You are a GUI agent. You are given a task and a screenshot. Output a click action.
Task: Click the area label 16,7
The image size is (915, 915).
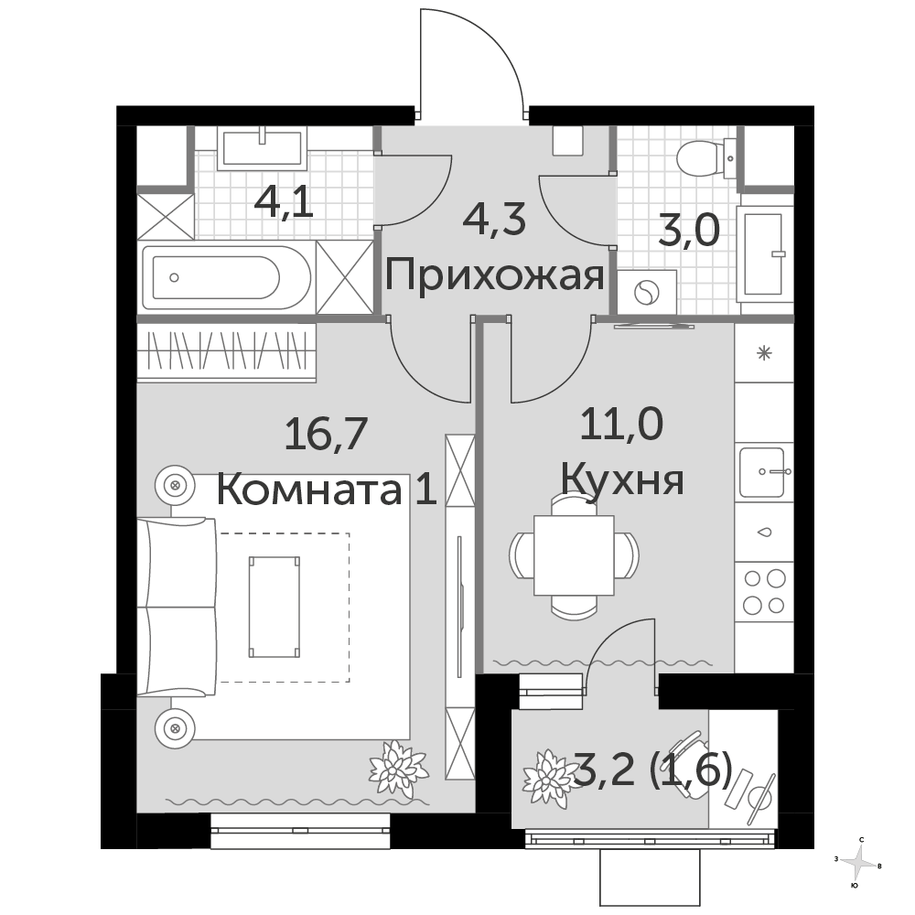click(326, 434)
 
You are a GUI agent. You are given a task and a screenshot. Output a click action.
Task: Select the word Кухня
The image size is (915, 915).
click(622, 480)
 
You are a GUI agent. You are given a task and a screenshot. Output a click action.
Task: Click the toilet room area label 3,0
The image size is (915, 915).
click(689, 231)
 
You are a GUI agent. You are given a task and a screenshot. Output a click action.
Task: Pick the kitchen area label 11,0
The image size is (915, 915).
click(621, 425)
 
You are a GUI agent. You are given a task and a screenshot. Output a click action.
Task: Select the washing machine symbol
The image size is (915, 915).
click(647, 292)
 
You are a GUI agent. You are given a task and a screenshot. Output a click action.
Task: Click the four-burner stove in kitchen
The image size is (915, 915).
click(764, 592)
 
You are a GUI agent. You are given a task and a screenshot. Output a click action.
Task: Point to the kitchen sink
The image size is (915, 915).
click(764, 471)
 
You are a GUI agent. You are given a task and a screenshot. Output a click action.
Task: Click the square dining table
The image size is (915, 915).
click(575, 555)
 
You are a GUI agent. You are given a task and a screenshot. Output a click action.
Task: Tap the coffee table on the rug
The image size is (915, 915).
click(274, 607)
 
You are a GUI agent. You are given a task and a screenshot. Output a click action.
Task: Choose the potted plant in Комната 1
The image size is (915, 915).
click(398, 770)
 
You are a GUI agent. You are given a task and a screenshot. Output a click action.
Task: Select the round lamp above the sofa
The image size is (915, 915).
click(175, 485)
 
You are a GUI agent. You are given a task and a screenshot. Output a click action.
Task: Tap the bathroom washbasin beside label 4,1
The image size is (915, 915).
click(262, 148)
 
